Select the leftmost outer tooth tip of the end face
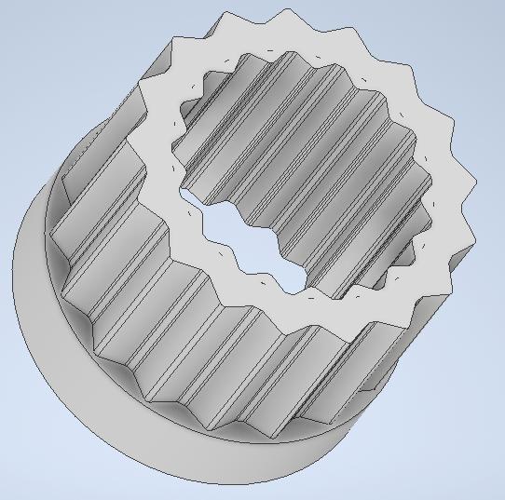click(139, 86)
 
